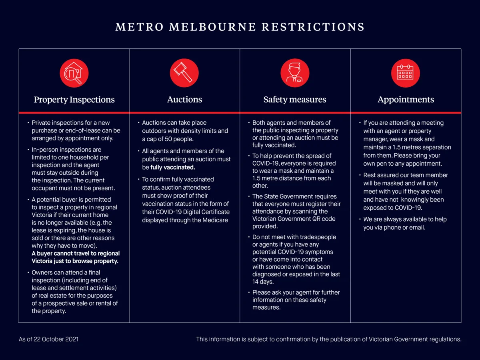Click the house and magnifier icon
coord(74,73)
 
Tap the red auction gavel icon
coord(184,73)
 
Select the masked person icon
coord(295,73)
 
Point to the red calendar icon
coord(405,73)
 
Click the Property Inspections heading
coord(74,100)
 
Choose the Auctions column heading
coord(184,100)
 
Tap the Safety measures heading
coord(295,100)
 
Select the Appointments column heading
coord(406,100)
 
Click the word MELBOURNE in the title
coord(213,27)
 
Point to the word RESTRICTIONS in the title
coord(313,27)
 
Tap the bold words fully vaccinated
coord(173,167)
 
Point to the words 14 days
coord(263,282)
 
